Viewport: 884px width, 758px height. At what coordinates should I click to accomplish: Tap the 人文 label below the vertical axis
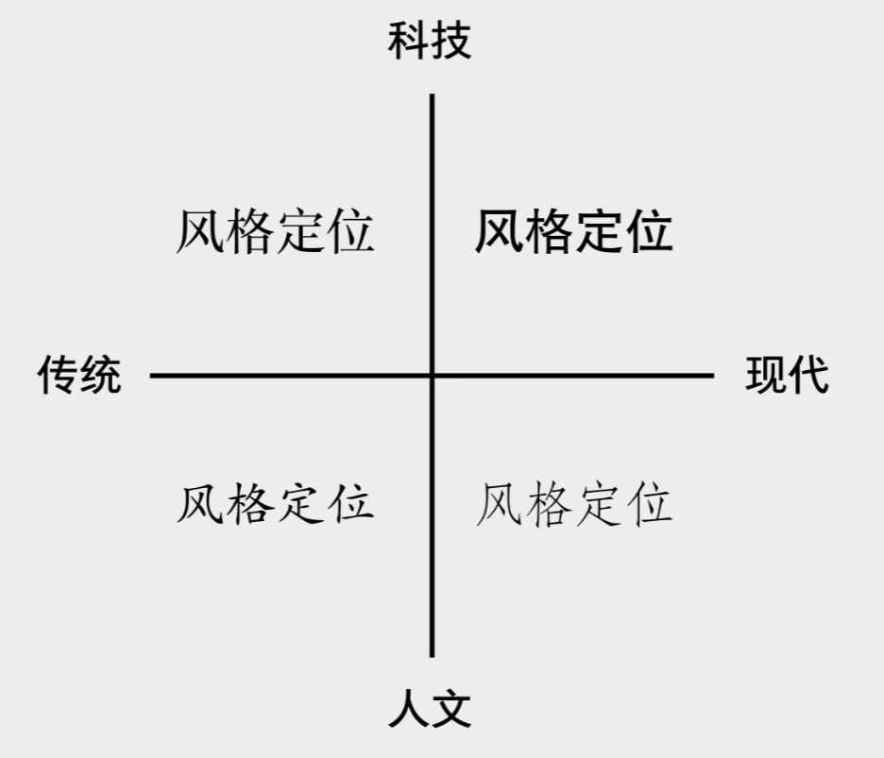pos(430,709)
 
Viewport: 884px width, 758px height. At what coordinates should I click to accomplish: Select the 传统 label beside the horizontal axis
pos(79,376)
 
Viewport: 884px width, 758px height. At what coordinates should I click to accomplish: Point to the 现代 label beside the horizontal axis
pos(787,376)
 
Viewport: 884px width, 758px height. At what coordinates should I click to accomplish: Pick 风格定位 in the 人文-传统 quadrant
pos(275,503)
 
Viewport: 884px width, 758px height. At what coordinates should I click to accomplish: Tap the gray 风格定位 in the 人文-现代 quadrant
pos(573,503)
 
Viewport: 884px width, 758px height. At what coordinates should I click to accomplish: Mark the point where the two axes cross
pos(433,376)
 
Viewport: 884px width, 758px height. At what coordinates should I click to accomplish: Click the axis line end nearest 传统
pos(153,376)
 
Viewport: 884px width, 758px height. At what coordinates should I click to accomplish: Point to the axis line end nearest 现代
pos(711,376)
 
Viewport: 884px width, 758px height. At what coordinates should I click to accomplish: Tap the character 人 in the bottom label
pos(409,709)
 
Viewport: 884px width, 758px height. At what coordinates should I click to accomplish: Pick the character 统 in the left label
pos(100,376)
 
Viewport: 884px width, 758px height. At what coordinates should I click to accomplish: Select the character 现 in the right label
pos(766,376)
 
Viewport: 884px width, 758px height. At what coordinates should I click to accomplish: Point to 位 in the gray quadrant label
pos(649,503)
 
